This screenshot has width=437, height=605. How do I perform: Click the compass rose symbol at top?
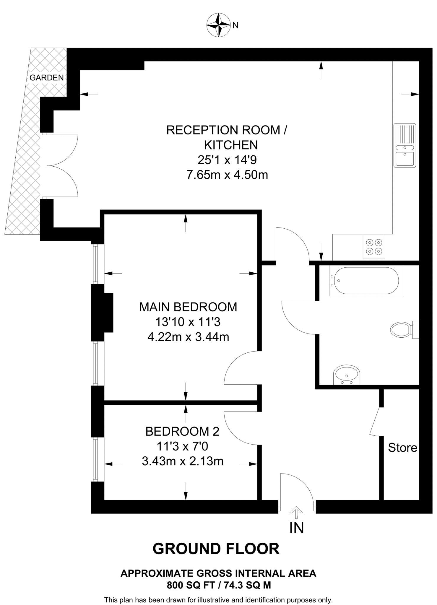[218, 25]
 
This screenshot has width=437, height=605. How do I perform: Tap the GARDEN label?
[47, 78]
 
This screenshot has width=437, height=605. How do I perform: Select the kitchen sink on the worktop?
[405, 145]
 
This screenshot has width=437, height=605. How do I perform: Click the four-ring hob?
[374, 247]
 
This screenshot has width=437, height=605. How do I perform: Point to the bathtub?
[366, 281]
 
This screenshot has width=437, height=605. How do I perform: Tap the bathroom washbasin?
[347, 375]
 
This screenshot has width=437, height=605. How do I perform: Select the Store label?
[402, 448]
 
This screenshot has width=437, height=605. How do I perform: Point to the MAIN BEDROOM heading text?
[188, 307]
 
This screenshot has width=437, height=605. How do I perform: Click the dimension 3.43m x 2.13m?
[182, 461]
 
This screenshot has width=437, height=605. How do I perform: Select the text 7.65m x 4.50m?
[227, 175]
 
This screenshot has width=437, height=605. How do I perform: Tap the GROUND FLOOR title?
[216, 549]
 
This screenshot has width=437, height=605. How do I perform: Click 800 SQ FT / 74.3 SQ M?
[219, 585]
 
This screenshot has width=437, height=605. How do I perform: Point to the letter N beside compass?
[235, 26]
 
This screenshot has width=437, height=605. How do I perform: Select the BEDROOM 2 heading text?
[182, 432]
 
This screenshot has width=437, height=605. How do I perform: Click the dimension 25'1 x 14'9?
[227, 160]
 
